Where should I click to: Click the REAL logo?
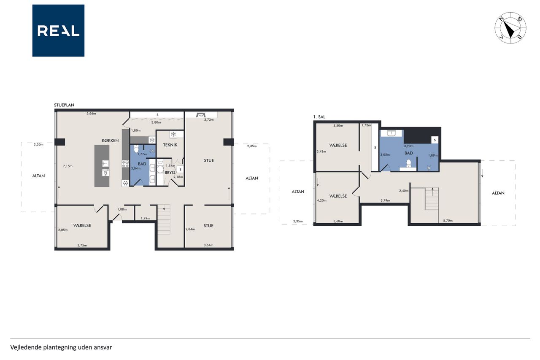coord(58,31)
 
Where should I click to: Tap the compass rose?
coord(510,28)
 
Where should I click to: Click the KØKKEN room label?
coord(110,141)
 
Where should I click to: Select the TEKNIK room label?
coord(170,145)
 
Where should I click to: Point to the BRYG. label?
coord(170,173)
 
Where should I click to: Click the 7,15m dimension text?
coord(68,166)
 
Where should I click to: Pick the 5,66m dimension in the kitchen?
coord(91,114)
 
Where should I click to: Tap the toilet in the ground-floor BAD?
coord(136,149)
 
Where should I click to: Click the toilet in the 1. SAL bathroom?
coord(408,163)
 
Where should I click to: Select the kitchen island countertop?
coord(102,166)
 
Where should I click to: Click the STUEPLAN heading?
coord(64,105)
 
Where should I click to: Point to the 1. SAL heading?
coord(319,117)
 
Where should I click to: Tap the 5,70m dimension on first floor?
coord(448,220)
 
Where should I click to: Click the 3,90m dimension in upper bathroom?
coord(409,146)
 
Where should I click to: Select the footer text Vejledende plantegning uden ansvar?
coord(61,347)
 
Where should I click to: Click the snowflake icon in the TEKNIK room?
coord(173,134)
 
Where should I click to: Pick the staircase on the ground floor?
coord(164,219)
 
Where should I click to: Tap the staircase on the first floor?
coord(432,198)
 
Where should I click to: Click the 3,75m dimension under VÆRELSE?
coord(82,245)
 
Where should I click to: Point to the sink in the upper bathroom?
coord(392,133)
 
